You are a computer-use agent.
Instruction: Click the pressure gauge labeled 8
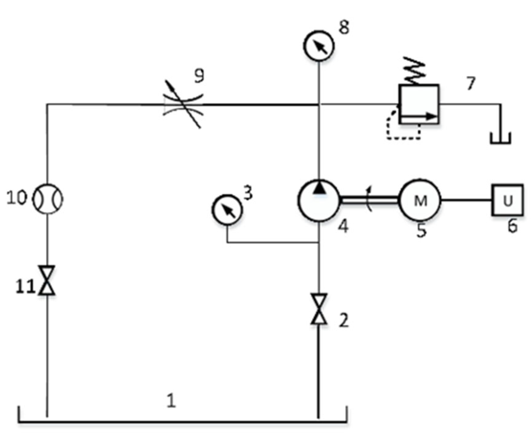pos(319,46)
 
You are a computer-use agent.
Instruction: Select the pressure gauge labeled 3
pos(227,210)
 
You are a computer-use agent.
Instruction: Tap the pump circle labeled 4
pos(319,201)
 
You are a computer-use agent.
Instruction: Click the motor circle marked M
pos(420,200)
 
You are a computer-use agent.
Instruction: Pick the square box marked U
pos(507,200)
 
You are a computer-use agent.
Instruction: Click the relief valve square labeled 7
pos(419,104)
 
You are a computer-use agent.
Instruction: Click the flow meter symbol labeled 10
pos(48,199)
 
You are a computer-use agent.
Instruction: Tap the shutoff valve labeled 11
pos(47,280)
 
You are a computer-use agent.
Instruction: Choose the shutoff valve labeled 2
pos(319,309)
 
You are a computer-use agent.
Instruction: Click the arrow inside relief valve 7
pos(418,116)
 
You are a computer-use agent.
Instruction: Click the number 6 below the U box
pos(512,227)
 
